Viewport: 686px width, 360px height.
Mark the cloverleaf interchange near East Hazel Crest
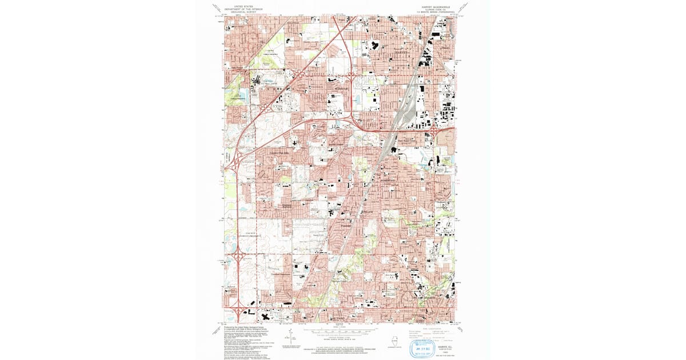pos(434,130)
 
